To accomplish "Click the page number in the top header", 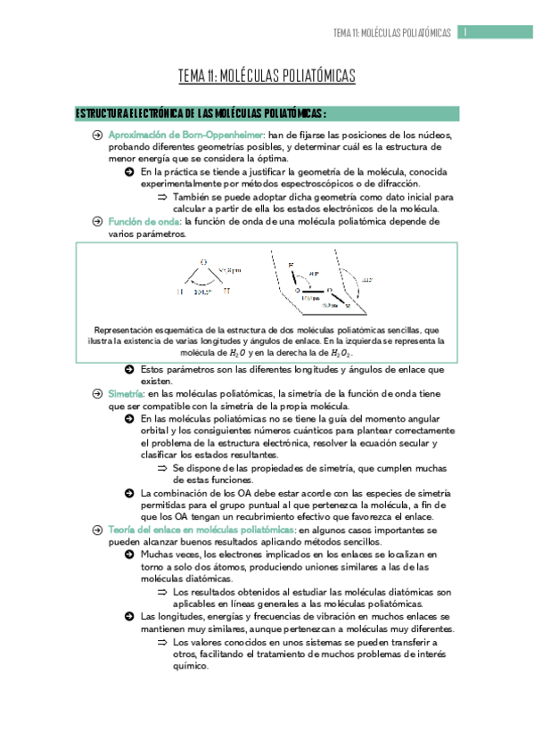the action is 465,32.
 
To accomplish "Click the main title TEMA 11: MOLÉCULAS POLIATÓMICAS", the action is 267,77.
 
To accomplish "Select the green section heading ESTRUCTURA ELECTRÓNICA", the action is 201,113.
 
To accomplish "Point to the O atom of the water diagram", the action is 203,262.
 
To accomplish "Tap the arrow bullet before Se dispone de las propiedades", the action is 162,467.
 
